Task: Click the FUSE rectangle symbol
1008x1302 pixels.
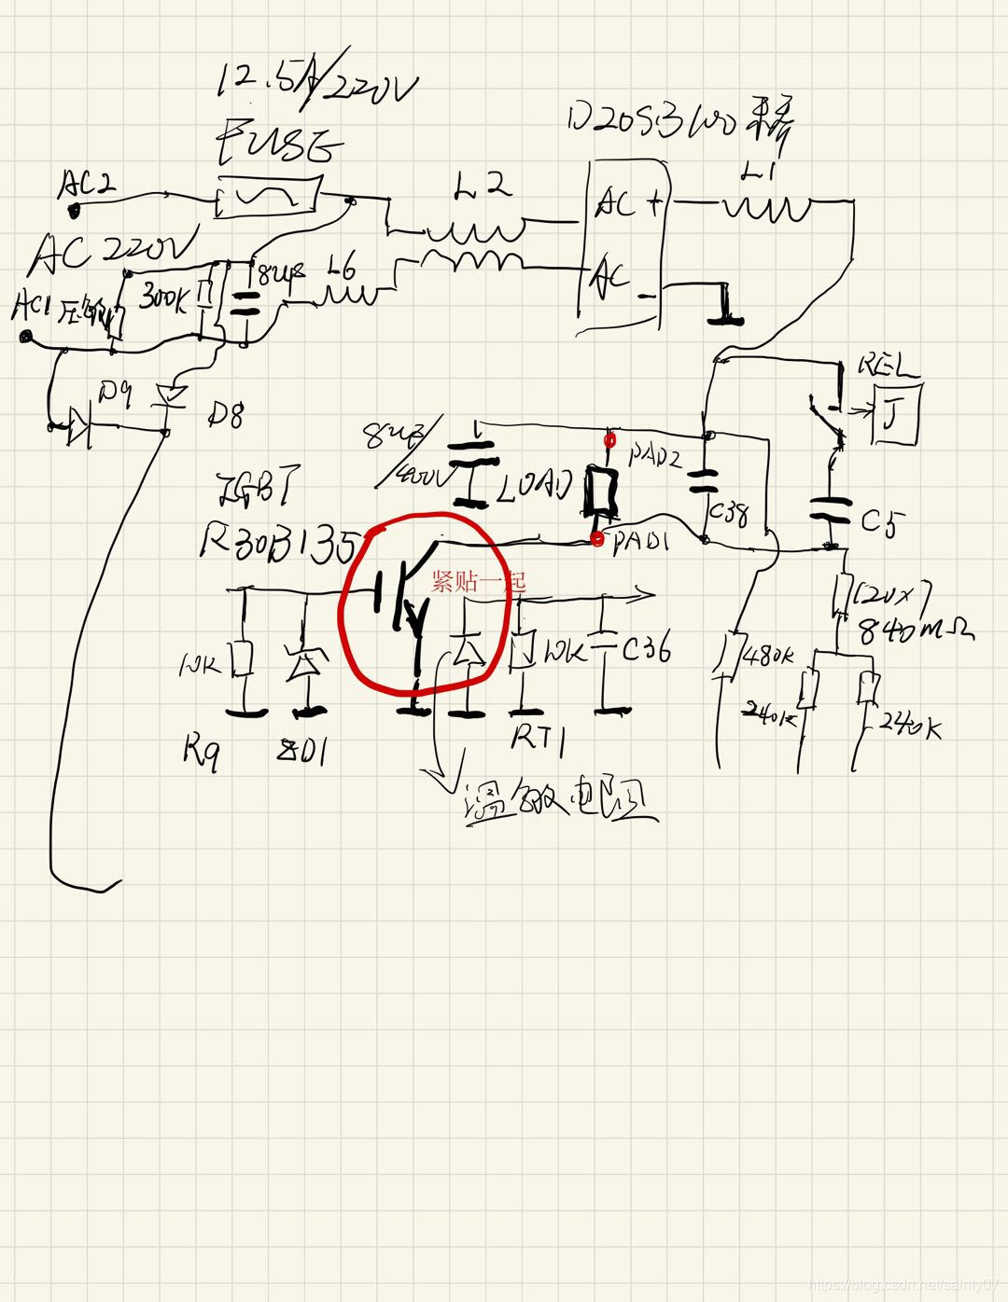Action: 268,196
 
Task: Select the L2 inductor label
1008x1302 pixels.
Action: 483,187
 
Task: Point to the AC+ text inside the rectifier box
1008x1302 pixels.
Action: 630,203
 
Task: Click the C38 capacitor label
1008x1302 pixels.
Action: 729,514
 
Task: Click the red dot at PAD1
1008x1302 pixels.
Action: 597,539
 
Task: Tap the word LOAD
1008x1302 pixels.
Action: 537,486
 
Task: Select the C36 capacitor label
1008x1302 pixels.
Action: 646,650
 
